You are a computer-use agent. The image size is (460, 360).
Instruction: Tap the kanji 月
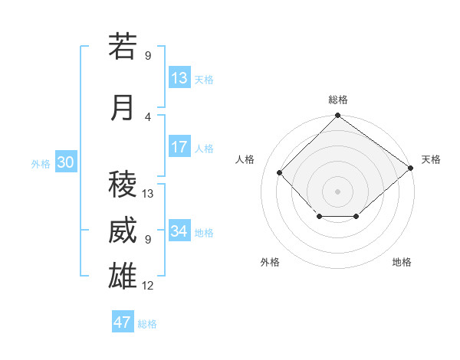123,108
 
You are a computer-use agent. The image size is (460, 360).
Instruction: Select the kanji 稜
123,185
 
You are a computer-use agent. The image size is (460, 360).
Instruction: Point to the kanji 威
123,231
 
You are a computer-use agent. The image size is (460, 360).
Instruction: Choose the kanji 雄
123,277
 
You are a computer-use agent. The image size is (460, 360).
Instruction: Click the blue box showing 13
179,78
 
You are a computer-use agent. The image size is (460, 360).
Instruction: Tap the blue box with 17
179,147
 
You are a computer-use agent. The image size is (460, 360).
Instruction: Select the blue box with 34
179,231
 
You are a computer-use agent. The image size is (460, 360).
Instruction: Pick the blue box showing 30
65,162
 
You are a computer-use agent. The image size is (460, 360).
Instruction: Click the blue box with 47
123,322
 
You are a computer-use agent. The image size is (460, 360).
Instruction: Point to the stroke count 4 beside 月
147,117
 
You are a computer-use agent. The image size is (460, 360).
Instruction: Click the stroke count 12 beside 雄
148,286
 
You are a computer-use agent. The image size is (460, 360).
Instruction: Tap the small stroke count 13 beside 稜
148,194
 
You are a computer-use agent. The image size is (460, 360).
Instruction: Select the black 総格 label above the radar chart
337,100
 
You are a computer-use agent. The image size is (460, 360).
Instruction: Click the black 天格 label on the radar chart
431,159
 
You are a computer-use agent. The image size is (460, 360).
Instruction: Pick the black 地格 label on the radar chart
402,263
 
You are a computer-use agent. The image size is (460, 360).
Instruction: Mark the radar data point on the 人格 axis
280,172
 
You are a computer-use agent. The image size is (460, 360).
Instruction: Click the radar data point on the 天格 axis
411,168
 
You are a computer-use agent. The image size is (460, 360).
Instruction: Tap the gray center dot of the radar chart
337,191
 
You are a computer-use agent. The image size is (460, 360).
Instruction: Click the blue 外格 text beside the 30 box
41,163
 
